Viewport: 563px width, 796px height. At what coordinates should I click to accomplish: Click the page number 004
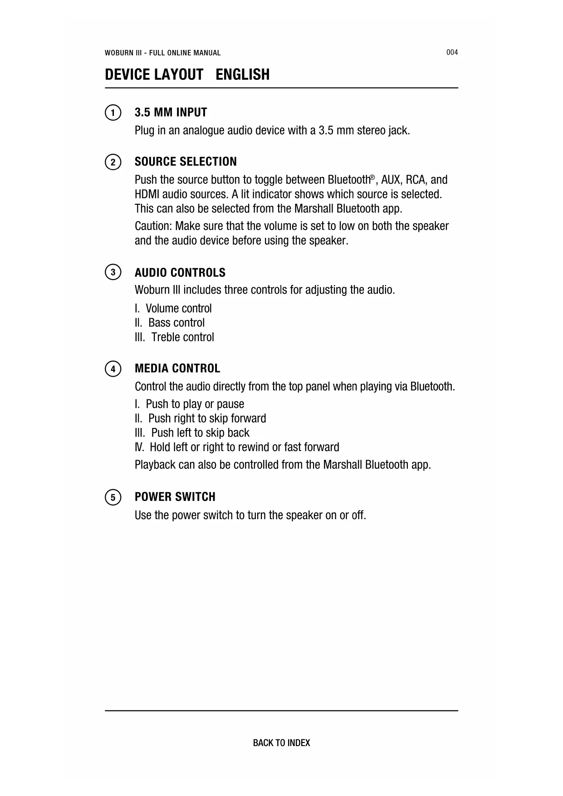(x=452, y=52)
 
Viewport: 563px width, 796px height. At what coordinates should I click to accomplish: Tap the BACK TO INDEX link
(x=281, y=743)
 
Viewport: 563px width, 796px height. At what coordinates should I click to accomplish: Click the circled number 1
(x=113, y=113)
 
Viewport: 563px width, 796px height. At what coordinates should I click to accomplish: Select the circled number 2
(x=113, y=162)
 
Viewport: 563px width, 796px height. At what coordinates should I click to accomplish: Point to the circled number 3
(x=113, y=272)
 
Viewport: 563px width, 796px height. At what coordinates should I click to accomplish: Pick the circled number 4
(x=113, y=369)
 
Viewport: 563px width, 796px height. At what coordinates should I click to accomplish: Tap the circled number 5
(x=113, y=497)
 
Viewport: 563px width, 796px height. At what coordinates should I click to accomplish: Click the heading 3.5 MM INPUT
(x=171, y=113)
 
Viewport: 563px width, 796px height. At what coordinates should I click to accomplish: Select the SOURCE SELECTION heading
(x=186, y=162)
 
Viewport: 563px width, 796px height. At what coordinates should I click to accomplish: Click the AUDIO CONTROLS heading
(x=180, y=272)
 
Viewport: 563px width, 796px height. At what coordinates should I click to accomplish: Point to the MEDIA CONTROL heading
(x=177, y=368)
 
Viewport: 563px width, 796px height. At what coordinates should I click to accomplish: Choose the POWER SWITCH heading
(x=175, y=497)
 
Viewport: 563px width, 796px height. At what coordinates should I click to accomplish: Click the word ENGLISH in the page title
(x=242, y=74)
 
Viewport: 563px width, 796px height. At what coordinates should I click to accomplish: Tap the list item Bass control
(x=176, y=323)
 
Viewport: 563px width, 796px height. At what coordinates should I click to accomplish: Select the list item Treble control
(x=182, y=337)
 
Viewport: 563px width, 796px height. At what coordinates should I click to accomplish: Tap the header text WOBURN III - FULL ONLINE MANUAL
(x=162, y=53)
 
